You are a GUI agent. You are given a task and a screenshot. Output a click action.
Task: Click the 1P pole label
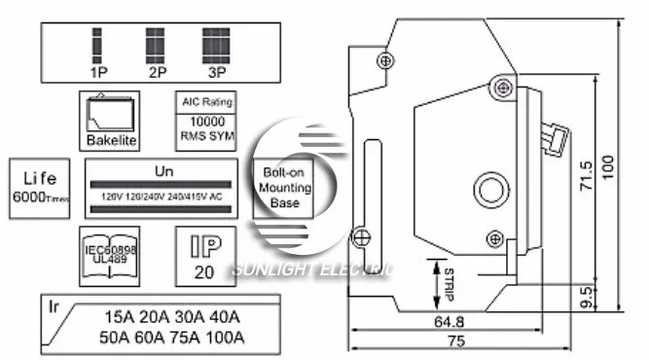(x=98, y=71)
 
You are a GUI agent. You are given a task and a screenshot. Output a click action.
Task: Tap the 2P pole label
(x=156, y=71)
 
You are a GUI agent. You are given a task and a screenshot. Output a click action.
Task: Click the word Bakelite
(x=112, y=141)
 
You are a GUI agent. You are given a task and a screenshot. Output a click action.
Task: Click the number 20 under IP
(x=203, y=272)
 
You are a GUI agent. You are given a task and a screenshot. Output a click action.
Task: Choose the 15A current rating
(x=122, y=316)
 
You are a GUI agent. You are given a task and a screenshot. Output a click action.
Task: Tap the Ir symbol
(x=55, y=306)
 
